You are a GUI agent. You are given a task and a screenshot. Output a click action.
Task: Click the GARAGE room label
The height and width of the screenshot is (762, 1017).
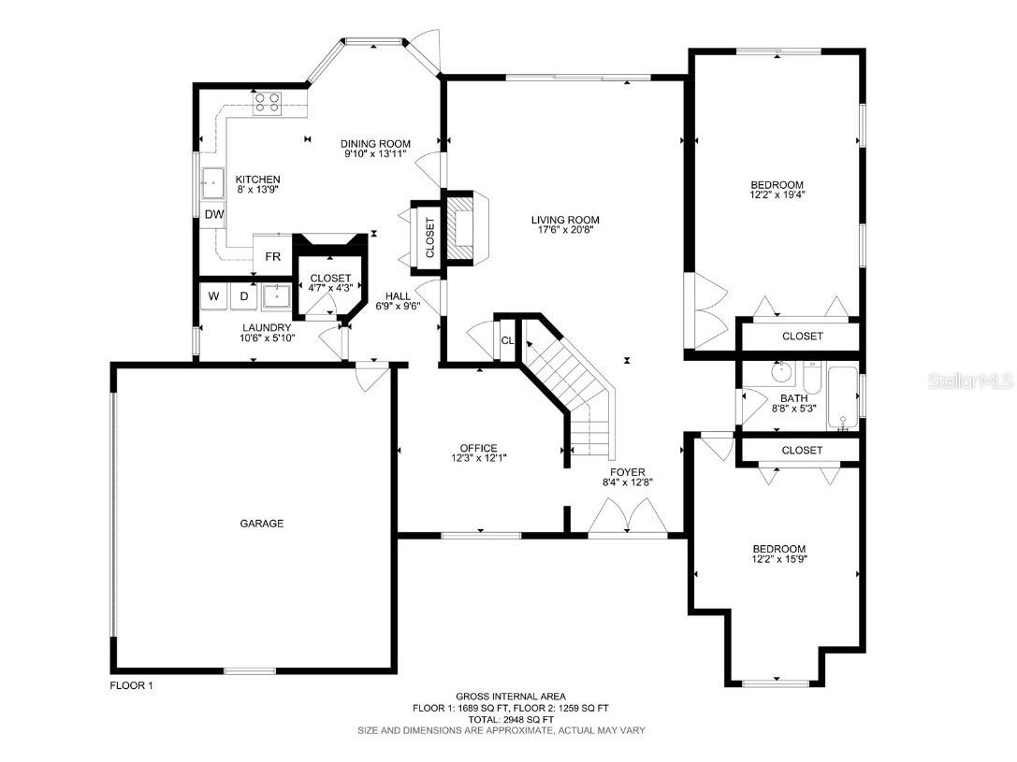coord(262,524)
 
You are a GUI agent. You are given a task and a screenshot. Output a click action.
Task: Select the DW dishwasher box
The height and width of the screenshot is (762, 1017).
coord(214,215)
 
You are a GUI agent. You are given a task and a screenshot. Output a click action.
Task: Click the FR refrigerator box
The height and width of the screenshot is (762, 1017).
coord(272,256)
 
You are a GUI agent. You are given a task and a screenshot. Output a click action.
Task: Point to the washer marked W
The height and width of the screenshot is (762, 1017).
coord(213,296)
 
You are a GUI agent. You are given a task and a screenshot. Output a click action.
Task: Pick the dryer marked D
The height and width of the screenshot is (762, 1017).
coord(244,296)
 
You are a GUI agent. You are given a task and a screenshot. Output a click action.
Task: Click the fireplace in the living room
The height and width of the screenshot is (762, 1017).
coord(462,228)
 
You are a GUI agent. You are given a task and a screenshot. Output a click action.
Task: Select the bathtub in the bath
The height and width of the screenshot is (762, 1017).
coord(844,398)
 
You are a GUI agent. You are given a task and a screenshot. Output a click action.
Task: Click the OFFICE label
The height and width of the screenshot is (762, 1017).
coord(478,448)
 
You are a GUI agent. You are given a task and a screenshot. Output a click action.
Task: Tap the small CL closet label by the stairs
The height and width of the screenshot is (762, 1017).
coord(507,340)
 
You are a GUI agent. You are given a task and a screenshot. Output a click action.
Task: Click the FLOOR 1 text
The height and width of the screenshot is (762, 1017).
coord(131,685)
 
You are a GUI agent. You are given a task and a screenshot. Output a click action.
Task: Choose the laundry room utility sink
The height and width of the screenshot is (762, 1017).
coord(276,295)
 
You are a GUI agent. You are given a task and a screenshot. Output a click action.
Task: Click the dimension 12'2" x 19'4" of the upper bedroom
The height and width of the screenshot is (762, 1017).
coord(777,196)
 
